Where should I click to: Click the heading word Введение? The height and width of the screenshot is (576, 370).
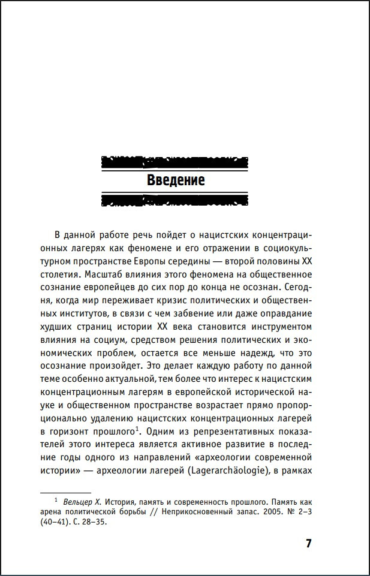tap(176, 180)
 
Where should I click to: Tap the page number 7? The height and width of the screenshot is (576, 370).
tap(308, 544)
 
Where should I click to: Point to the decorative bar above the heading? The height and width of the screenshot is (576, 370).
tap(175, 162)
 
